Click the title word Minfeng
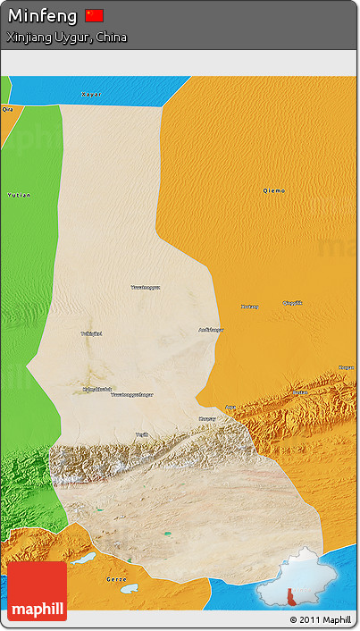click(x=42, y=15)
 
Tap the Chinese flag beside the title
click(x=95, y=15)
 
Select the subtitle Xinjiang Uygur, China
click(x=66, y=38)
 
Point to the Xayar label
click(x=91, y=94)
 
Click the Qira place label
click(x=8, y=109)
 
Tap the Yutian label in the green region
click(x=18, y=194)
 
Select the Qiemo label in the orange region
click(x=274, y=190)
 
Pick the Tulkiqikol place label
click(x=91, y=333)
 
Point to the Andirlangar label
click(x=211, y=330)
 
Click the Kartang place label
click(x=249, y=307)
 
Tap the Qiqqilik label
click(x=292, y=302)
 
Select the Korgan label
click(x=346, y=366)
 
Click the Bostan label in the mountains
click(x=299, y=392)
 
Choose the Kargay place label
click(x=206, y=418)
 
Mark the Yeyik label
click(x=141, y=434)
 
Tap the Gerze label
click(x=116, y=578)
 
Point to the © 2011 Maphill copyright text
click(x=320, y=619)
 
